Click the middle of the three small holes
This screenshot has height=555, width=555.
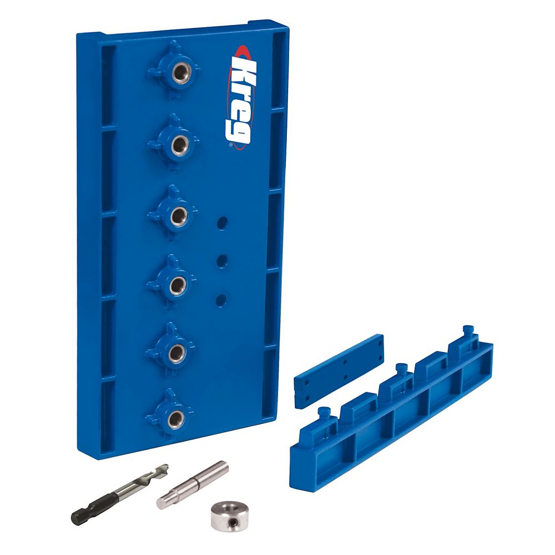click(x=222, y=261)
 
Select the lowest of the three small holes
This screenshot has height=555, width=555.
click(x=221, y=300)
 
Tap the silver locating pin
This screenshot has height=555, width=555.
click(x=191, y=483)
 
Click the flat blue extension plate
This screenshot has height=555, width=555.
click(x=339, y=370)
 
